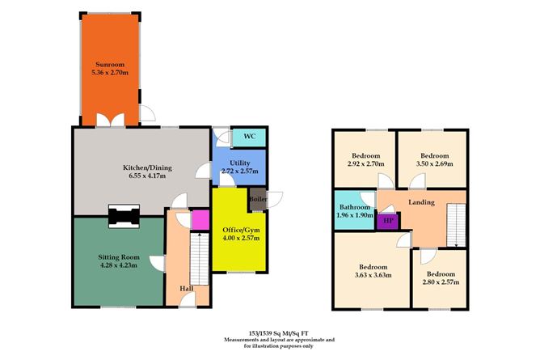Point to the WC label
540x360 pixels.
point(249,137)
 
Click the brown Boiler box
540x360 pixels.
point(258,198)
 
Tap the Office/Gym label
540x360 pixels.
point(238,231)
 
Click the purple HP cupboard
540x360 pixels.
point(388,218)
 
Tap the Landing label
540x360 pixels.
point(421,202)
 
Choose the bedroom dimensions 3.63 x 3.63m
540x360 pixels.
point(373,275)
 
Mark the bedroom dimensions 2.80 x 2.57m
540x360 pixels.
point(442,282)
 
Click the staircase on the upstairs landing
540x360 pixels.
point(457,224)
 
